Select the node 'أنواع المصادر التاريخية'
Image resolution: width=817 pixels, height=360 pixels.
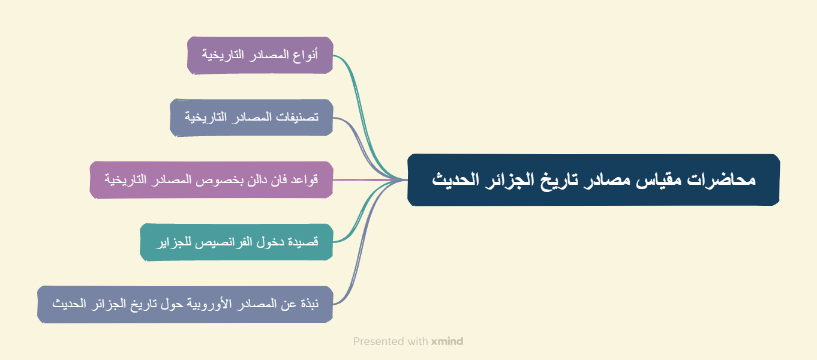[x=260, y=55]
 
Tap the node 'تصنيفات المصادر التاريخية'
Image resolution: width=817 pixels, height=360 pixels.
[x=251, y=117]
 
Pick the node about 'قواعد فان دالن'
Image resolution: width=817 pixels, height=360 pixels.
[x=211, y=179]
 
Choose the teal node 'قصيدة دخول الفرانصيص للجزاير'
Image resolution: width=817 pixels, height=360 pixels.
[x=236, y=242]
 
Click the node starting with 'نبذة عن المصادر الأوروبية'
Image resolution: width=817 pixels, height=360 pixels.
[x=185, y=304]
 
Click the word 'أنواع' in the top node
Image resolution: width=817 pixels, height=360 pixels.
[x=307, y=55]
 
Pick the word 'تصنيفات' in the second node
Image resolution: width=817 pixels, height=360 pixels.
[x=296, y=117]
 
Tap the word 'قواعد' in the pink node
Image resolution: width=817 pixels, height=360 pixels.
[x=305, y=179]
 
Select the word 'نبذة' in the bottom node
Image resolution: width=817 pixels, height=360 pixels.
[x=308, y=304]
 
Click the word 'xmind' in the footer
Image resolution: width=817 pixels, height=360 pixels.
[x=447, y=341]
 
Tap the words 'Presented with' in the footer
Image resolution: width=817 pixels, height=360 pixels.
[x=390, y=341]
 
